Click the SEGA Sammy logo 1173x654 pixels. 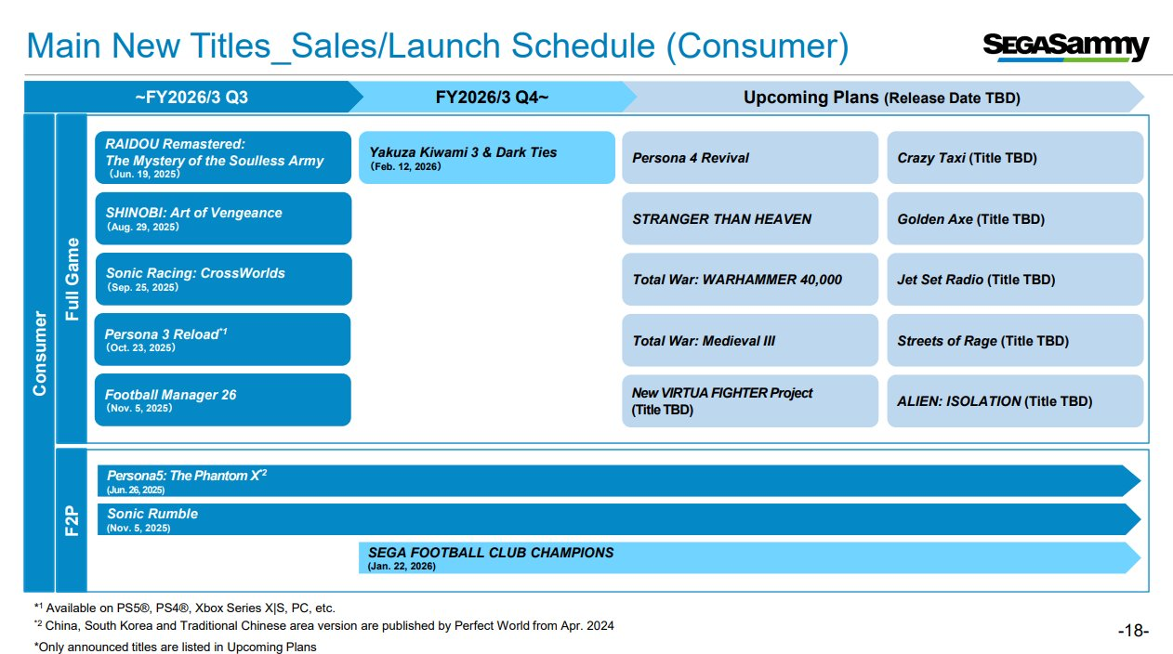pyautogui.click(x=1066, y=47)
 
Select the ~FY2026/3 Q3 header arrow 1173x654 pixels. pyautogui.click(x=191, y=98)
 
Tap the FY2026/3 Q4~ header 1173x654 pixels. pyautogui.click(x=493, y=98)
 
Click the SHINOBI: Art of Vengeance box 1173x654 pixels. pyautogui.click(x=223, y=218)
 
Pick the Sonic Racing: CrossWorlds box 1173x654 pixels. pyautogui.click(x=223, y=279)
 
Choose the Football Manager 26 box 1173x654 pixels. pyautogui.click(x=222, y=399)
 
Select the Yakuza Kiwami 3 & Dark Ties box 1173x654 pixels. pyautogui.click(x=487, y=158)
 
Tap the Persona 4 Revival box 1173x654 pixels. pyautogui.click(x=750, y=158)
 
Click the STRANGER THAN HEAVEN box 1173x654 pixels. pyautogui.click(x=750, y=218)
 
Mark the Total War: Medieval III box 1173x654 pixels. pyautogui.click(x=750, y=340)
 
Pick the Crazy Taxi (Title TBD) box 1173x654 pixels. pyautogui.click(x=1015, y=158)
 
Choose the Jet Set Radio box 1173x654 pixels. pyautogui.click(x=1015, y=279)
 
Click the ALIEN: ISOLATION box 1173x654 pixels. pyautogui.click(x=1015, y=400)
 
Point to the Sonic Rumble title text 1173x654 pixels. pyautogui.click(x=152, y=514)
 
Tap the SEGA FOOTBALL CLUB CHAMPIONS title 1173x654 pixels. pyautogui.click(x=491, y=553)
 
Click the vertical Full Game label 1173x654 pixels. pyautogui.click(x=72, y=279)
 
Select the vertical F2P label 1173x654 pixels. pyautogui.click(x=72, y=520)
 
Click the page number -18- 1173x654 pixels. pyautogui.click(x=1133, y=631)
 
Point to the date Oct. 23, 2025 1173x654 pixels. pyautogui.click(x=140, y=347)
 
